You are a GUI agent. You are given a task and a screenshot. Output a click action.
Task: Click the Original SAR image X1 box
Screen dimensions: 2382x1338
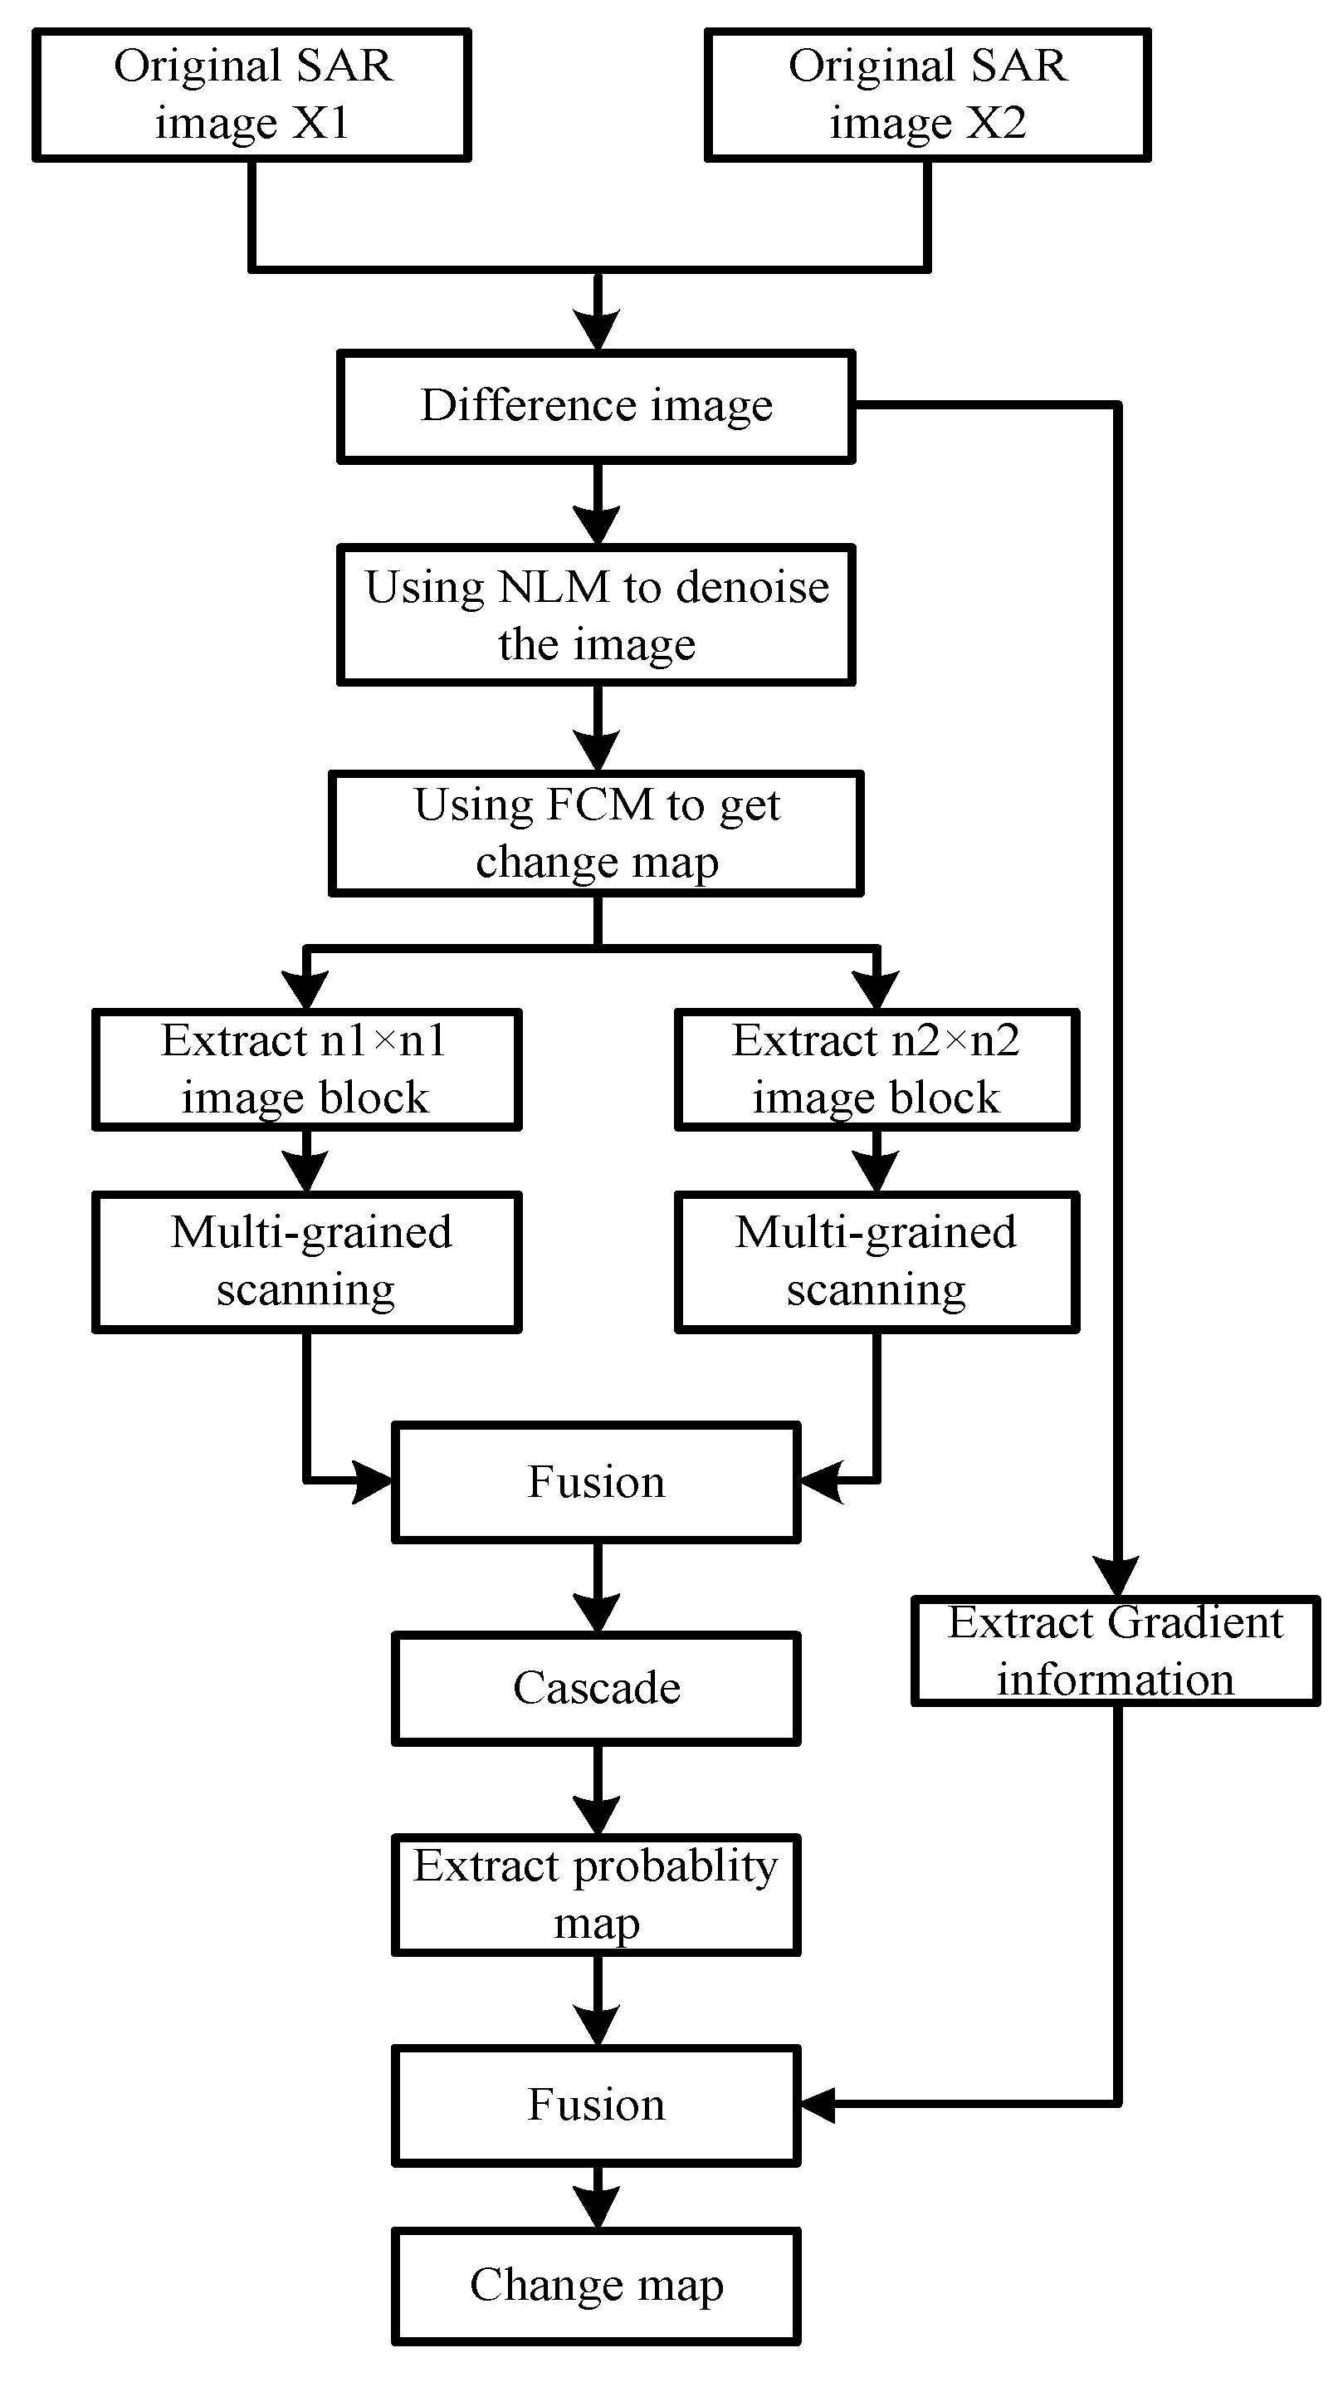coord(251,95)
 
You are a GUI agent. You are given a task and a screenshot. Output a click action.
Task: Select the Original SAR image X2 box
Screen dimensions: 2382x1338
coord(927,95)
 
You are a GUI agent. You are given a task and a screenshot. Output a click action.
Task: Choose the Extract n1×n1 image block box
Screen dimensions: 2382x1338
coord(306,1069)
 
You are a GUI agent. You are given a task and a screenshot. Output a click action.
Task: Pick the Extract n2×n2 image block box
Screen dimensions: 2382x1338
coord(877,1069)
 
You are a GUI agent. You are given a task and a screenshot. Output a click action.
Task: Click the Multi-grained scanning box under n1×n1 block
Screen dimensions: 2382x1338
coord(306,1261)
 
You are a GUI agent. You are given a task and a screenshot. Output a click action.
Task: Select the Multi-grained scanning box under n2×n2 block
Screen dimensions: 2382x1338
coord(877,1261)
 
